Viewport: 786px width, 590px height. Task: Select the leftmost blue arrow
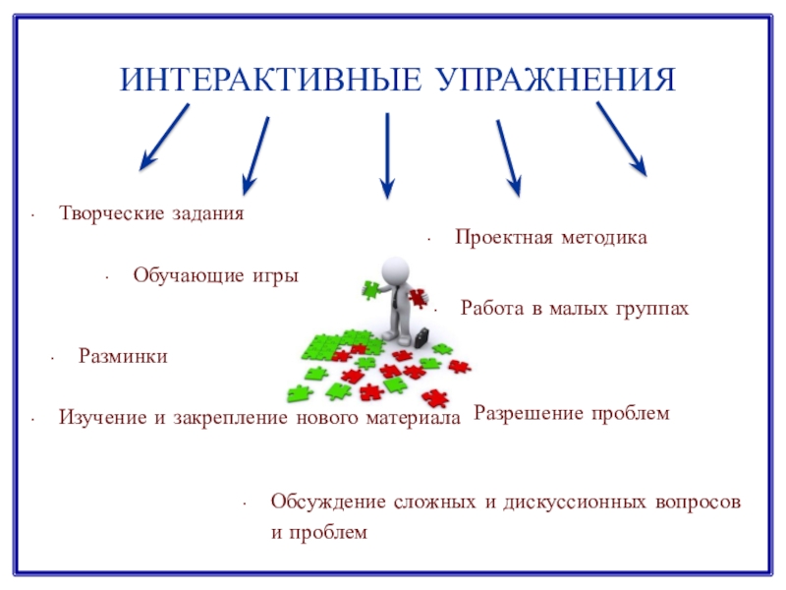(164, 135)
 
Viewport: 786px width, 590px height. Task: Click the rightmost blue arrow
(621, 139)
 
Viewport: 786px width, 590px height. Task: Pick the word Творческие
(106, 212)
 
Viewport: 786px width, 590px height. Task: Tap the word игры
(274, 275)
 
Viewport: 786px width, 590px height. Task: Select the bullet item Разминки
(123, 356)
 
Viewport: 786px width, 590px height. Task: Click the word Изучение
(100, 418)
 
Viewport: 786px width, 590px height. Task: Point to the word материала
(413, 418)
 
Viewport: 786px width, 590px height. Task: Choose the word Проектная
(498, 238)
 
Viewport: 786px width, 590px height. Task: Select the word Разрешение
(530, 414)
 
